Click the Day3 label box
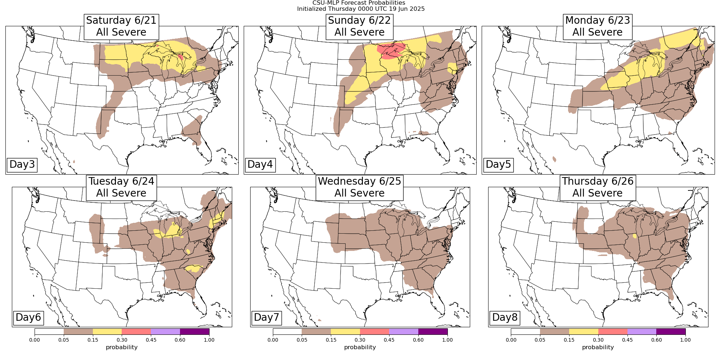22,165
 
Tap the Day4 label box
260,165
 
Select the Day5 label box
498,165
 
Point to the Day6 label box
28,318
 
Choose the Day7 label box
266,318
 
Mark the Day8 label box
505,318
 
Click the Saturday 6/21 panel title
121,26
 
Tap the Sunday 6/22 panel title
359,26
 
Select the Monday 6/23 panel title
598,26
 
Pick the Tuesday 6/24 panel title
121,187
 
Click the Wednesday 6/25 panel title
359,187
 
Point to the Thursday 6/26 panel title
598,187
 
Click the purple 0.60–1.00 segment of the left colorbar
194,332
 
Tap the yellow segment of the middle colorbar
345,332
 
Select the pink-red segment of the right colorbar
613,332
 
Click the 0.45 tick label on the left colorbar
151,340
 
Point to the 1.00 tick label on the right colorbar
685,340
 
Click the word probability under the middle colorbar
360,347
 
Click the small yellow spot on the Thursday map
634,236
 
